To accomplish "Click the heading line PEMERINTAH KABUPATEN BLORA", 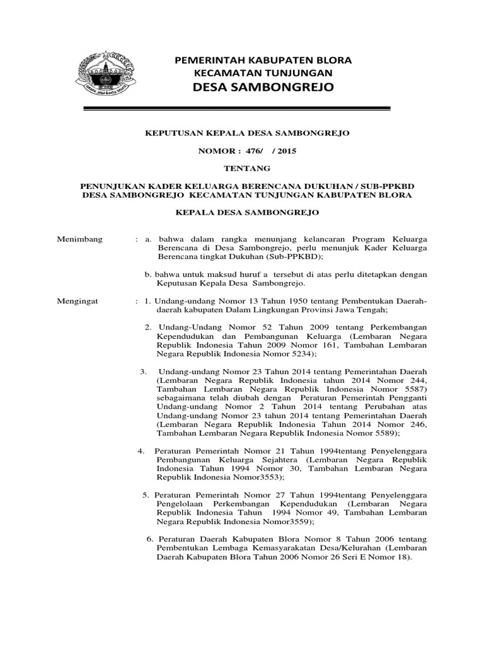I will coord(263,60).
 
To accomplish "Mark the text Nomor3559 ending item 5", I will coord(282,522).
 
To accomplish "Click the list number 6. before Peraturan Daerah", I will coord(150,540).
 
